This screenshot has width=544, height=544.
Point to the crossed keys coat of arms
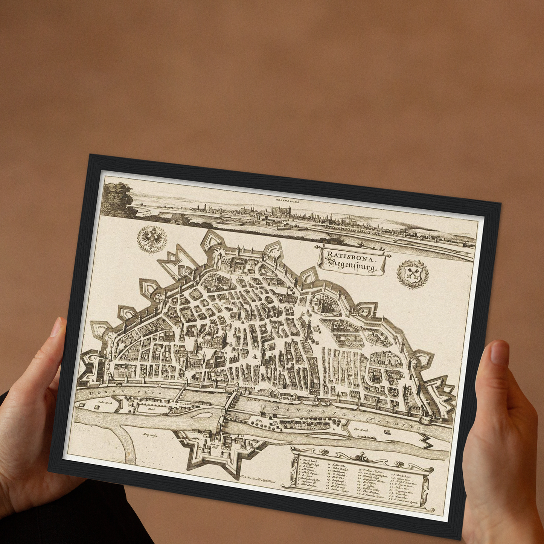click(413, 273)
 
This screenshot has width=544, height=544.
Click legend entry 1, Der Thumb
click(308, 460)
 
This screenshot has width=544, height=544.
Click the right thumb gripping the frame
click(499, 354)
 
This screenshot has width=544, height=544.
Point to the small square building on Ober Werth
click(387, 431)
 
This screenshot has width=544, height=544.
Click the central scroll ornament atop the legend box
click(361, 457)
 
